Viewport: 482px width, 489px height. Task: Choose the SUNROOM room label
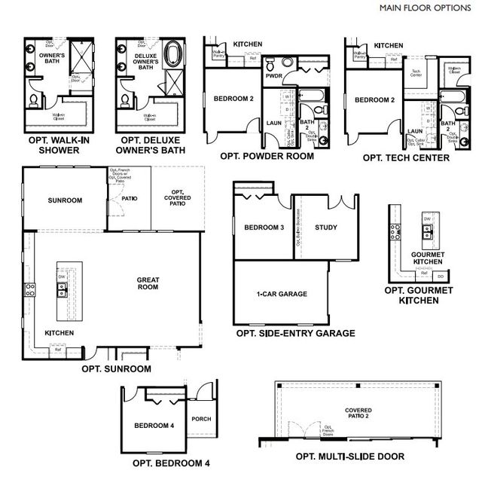click(64, 200)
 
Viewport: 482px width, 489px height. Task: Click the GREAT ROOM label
click(147, 283)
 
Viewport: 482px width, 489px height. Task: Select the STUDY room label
click(325, 228)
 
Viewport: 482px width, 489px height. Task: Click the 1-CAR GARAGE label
click(282, 294)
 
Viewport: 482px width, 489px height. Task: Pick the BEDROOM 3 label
click(264, 228)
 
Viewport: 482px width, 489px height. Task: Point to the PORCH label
click(202, 419)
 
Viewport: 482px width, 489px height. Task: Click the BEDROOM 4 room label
click(154, 426)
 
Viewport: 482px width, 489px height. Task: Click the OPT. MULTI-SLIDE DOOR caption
click(349, 457)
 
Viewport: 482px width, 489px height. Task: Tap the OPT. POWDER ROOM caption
click(268, 157)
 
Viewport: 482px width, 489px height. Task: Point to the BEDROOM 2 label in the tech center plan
click(375, 99)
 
